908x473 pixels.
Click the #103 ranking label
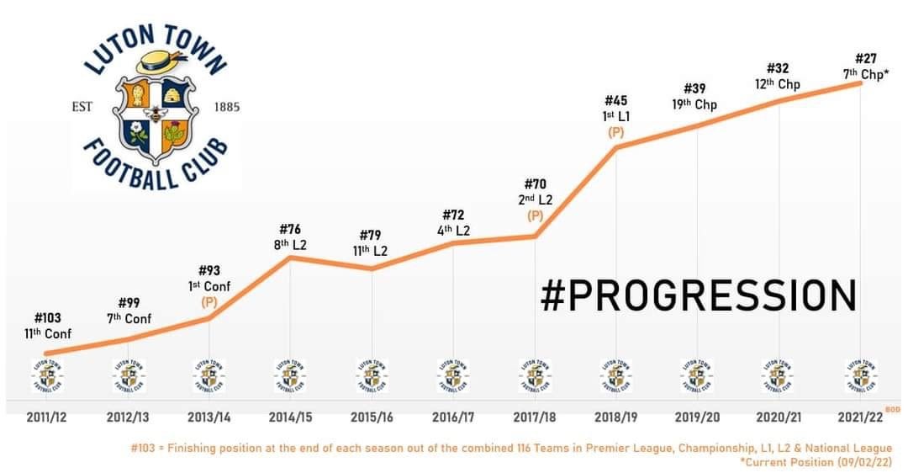[48, 319]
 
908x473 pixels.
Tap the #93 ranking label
[209, 270]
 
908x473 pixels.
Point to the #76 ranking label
[289, 229]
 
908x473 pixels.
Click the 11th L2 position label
[370, 251]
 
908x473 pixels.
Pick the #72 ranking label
[453, 215]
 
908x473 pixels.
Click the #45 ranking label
[616, 101]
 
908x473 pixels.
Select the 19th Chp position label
[694, 104]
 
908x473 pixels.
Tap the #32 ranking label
[779, 68]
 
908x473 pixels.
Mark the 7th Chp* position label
[865, 74]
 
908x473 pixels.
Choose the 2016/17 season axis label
[453, 417]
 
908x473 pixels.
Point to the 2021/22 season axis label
[859, 417]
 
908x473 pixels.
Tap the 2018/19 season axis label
[615, 417]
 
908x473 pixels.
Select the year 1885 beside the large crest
[227, 107]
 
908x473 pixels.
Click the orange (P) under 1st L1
[616, 132]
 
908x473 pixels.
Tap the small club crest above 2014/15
[290, 376]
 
